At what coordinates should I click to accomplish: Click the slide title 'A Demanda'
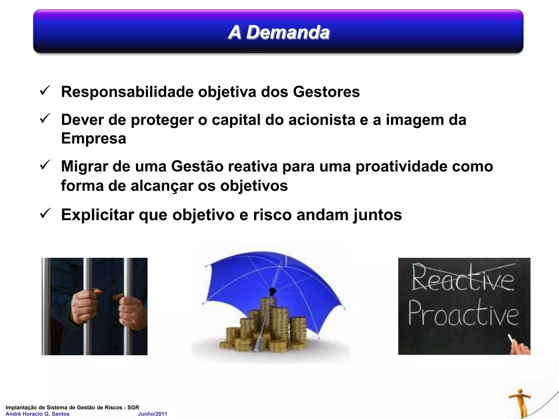[279, 32]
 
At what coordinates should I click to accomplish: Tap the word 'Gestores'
[326, 92]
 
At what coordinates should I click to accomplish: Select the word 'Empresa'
[93, 138]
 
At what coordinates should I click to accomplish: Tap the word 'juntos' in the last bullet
[377, 215]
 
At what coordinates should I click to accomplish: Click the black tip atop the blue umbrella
[272, 291]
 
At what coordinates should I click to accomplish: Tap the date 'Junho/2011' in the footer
[152, 414]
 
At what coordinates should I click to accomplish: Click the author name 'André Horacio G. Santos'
[38, 414]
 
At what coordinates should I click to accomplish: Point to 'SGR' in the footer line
[133, 408]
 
